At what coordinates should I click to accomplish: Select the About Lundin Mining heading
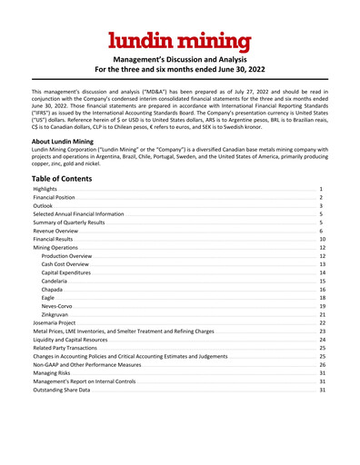coord(65,142)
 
